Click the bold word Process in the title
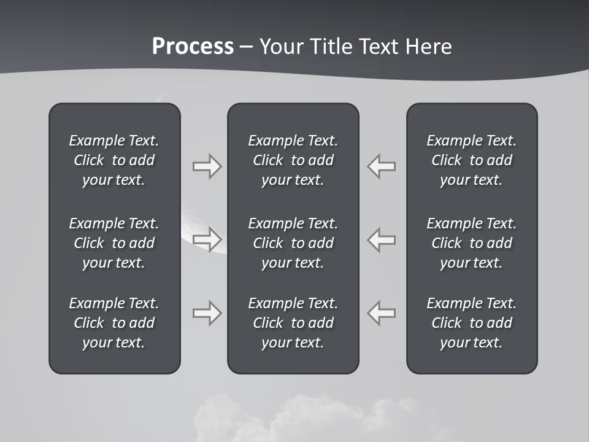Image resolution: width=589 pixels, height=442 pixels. [193, 47]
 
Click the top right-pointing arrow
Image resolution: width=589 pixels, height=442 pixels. [207, 166]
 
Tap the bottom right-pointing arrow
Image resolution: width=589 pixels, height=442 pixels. [207, 313]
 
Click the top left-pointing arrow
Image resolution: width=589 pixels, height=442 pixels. [382, 166]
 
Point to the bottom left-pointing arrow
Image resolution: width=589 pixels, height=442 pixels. [382, 313]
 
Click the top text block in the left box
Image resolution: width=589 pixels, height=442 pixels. [114, 160]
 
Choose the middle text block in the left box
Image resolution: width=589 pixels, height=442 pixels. [114, 243]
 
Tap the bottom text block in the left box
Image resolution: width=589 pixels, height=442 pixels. [114, 323]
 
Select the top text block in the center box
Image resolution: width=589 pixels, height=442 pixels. [293, 160]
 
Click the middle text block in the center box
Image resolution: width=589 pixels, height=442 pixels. [293, 243]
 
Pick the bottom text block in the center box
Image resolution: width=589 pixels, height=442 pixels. [293, 323]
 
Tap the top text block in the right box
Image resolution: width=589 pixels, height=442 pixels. [471, 160]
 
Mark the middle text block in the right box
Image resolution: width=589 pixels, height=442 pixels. [471, 243]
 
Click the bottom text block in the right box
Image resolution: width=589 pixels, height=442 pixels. [471, 323]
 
